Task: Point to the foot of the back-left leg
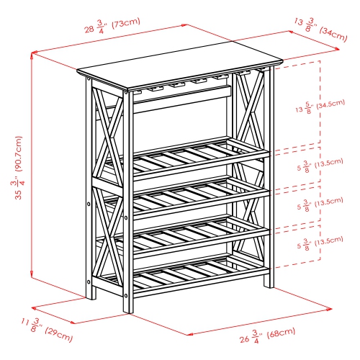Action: (x=91, y=295)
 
